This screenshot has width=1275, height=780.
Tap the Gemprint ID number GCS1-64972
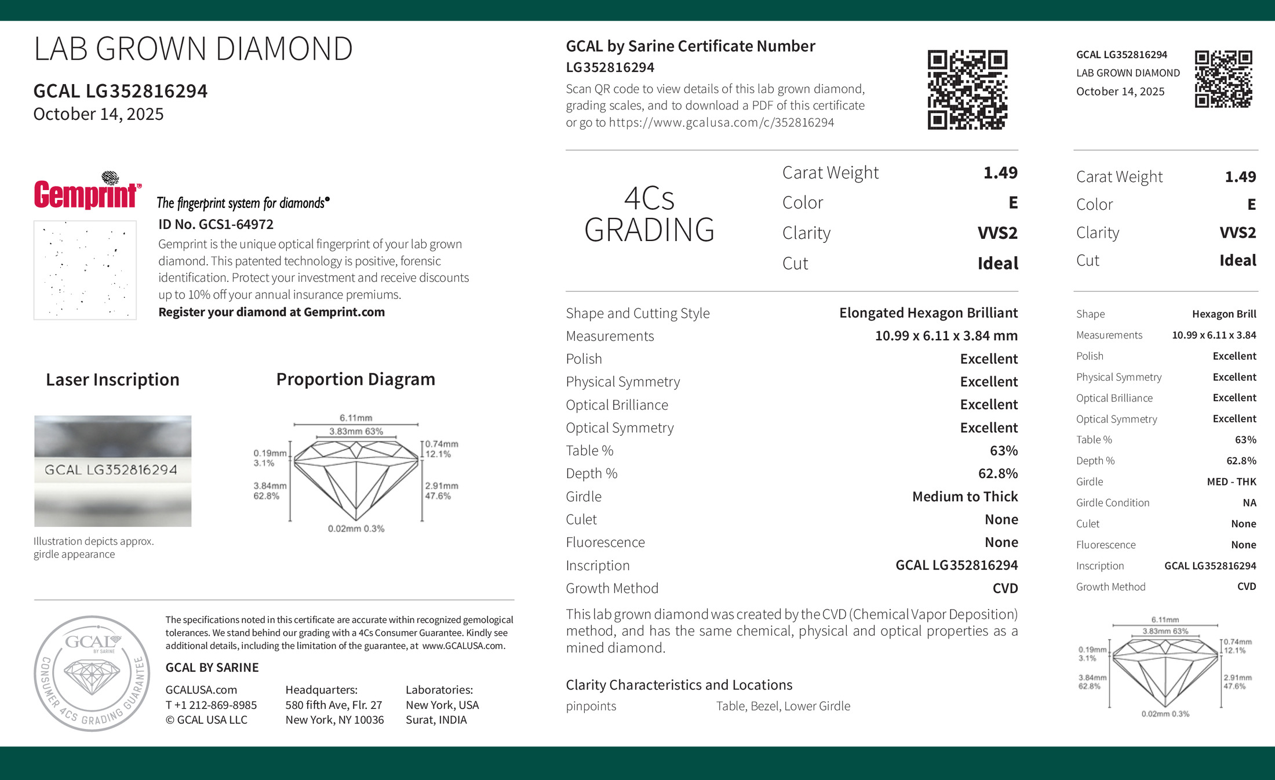[x=216, y=224]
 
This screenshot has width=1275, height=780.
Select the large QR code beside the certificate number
[x=967, y=90]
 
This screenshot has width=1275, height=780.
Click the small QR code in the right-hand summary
[x=1223, y=79]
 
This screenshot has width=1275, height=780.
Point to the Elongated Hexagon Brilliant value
[x=928, y=313]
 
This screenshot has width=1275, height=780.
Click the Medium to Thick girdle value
[x=964, y=497]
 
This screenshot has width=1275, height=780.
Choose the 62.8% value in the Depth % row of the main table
[x=997, y=473]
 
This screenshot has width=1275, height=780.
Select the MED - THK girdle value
[x=1231, y=482]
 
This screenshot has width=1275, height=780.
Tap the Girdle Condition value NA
[x=1249, y=503]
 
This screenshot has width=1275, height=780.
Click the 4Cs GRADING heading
[x=649, y=214]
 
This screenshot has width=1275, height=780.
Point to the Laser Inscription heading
[x=112, y=380]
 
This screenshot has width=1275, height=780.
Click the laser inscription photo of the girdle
[x=112, y=471]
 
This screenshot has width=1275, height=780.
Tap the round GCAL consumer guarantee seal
[x=92, y=673]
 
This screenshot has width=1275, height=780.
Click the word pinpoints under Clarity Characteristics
[x=591, y=706]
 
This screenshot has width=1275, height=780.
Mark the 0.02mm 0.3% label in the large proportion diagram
[x=356, y=528]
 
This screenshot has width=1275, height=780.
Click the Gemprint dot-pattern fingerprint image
[x=85, y=270]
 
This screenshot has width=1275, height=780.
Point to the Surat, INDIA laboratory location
[x=436, y=720]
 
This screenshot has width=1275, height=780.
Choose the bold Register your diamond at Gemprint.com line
[x=271, y=312]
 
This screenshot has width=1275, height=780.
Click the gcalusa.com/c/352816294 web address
[x=721, y=123]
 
